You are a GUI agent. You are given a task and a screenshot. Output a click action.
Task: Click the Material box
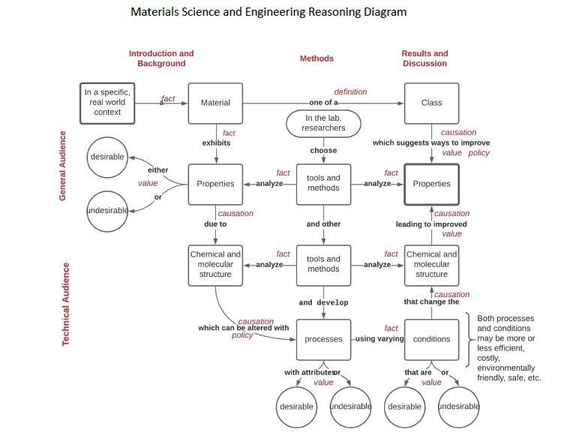point(215,103)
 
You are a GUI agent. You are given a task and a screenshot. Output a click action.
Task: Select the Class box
point(431,103)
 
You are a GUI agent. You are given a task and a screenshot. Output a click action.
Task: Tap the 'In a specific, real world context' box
point(107,103)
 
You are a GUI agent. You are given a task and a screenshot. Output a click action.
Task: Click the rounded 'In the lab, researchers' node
point(323,124)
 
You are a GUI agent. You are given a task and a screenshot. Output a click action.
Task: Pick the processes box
point(323,339)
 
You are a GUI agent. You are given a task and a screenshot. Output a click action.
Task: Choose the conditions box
point(431,339)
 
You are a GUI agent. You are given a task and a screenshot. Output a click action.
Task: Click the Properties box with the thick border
point(431,185)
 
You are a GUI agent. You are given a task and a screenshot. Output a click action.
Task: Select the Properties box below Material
point(215,185)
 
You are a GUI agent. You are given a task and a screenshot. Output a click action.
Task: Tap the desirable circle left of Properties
point(107,158)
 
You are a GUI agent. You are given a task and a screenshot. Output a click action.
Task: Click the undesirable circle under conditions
point(458,407)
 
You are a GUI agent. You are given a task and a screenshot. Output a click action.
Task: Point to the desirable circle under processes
point(296,407)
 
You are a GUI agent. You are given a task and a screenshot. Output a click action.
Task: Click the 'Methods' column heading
point(316,59)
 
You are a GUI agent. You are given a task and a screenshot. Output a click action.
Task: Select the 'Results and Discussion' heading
point(424,58)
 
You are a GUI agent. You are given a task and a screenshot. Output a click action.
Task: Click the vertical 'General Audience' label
point(62,166)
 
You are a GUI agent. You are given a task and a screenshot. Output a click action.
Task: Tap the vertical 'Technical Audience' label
point(65,304)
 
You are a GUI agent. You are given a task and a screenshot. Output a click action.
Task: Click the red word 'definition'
point(350,92)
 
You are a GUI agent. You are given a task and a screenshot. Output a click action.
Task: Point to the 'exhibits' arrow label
point(216,143)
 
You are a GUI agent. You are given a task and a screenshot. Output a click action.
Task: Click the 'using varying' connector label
point(379,338)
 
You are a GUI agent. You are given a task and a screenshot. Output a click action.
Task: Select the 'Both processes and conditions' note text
point(509,348)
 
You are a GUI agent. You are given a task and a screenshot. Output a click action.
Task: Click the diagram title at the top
point(268,12)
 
